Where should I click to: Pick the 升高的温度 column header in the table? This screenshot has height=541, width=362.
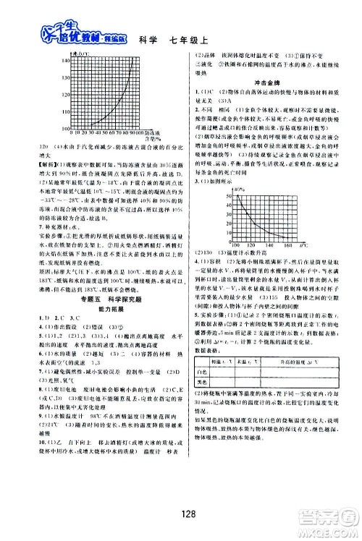click(289, 401)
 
